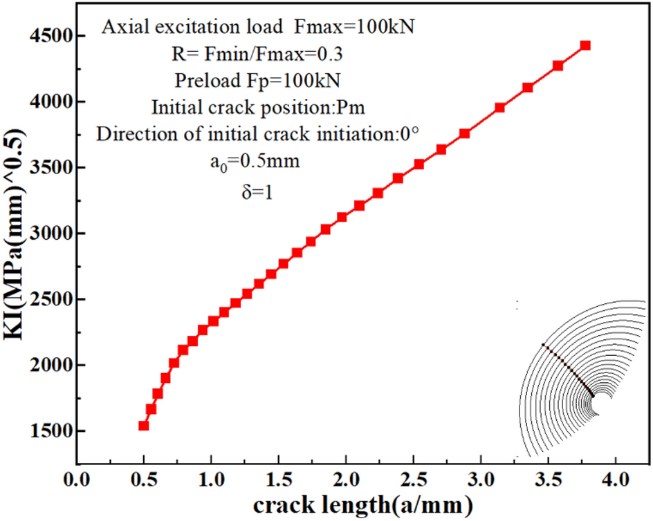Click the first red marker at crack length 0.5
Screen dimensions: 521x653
pos(144,425)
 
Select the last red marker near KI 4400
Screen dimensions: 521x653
pos(585,45)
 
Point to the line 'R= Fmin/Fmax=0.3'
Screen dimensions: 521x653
pos(257,53)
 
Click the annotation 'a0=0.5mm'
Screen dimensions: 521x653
pos(257,162)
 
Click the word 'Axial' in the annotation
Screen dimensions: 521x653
pos(122,27)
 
